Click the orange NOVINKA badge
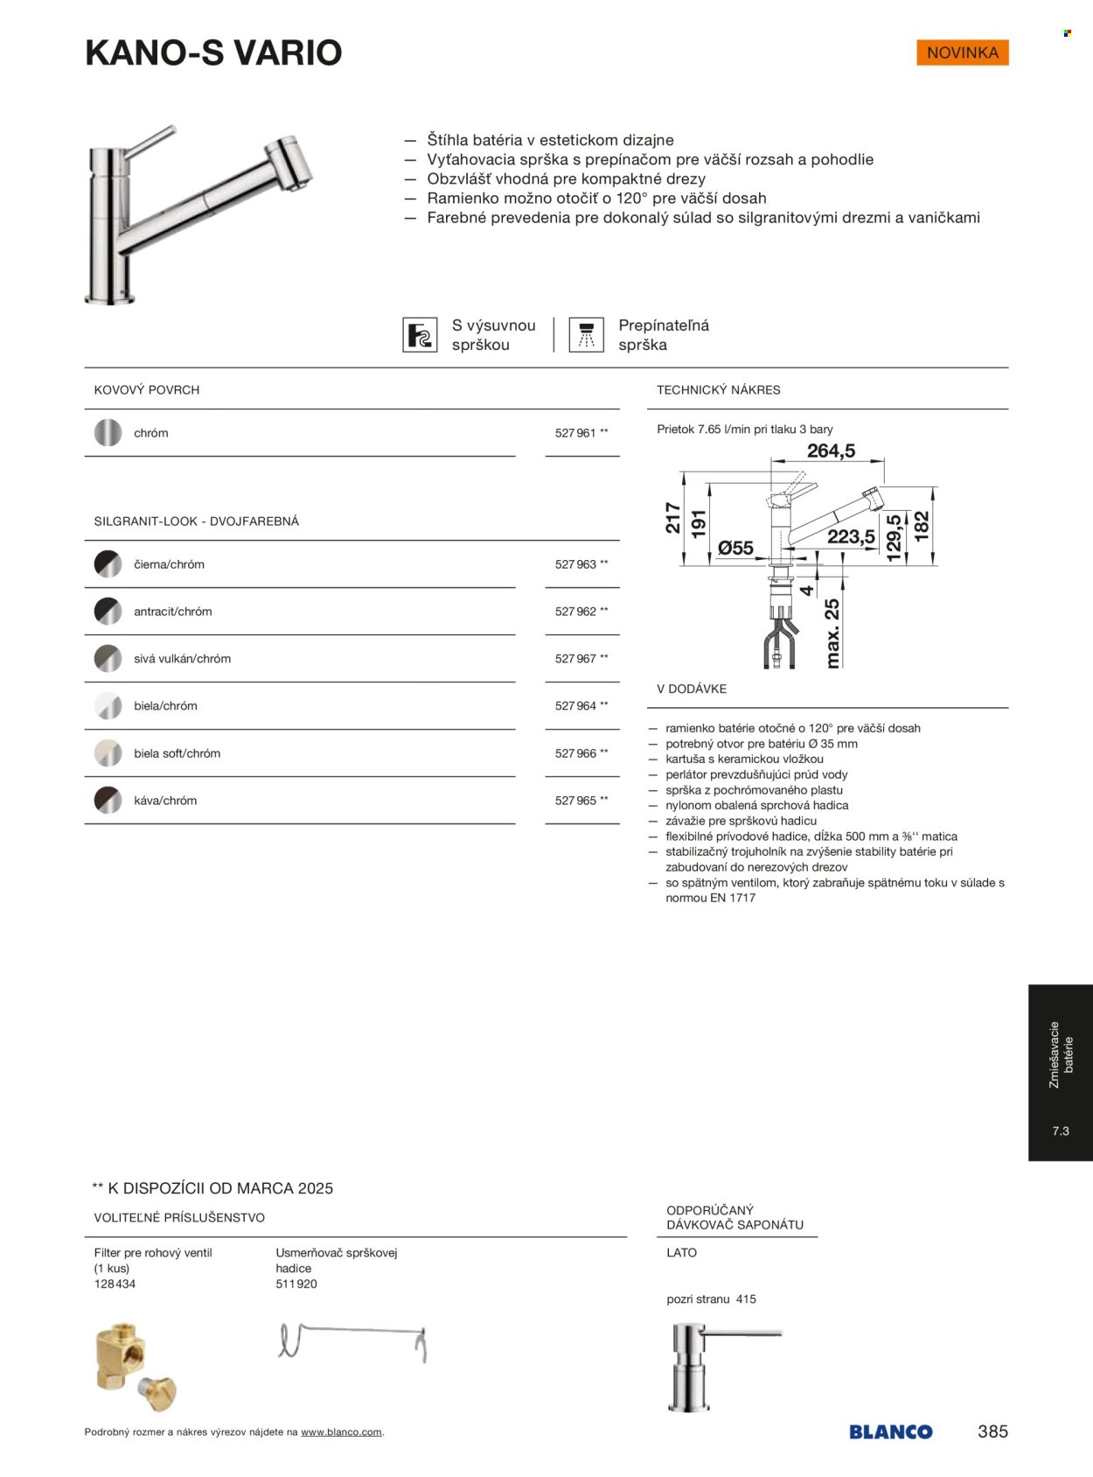click(962, 52)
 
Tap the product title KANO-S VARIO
click(213, 52)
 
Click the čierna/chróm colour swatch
click(108, 564)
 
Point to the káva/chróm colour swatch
click(108, 801)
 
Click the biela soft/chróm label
click(177, 753)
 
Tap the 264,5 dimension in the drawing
click(831, 451)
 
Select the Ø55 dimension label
click(735, 548)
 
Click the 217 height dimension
click(672, 518)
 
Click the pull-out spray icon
click(420, 335)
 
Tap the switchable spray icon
click(586, 335)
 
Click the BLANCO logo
click(890, 1431)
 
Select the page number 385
click(992, 1431)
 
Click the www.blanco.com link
click(341, 1432)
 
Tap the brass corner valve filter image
click(134, 1365)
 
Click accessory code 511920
click(296, 1284)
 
